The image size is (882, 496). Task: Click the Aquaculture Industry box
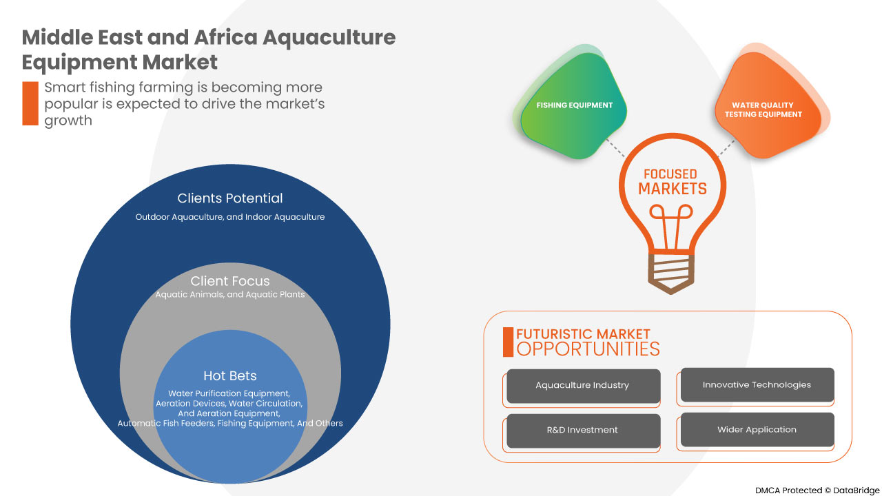pos(583,386)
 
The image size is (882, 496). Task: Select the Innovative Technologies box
pos(757,385)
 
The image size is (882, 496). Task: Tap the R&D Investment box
pos(583,431)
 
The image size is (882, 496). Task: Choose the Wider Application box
pos(757,430)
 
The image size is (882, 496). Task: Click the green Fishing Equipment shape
pos(573,106)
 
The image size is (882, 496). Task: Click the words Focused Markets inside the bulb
pos(672,182)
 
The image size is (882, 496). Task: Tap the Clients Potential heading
pos(230,198)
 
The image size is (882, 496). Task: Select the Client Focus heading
pos(230,281)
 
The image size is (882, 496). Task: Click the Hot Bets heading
pos(230,376)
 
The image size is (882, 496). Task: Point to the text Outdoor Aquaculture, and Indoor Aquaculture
pos(230,217)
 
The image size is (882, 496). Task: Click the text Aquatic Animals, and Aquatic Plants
pos(230,295)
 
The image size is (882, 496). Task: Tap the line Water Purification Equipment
pos(229,393)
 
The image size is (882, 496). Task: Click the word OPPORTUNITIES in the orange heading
pos(588,349)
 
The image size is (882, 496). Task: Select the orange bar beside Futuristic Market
pos(508,342)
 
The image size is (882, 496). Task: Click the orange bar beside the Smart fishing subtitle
pos(30,103)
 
